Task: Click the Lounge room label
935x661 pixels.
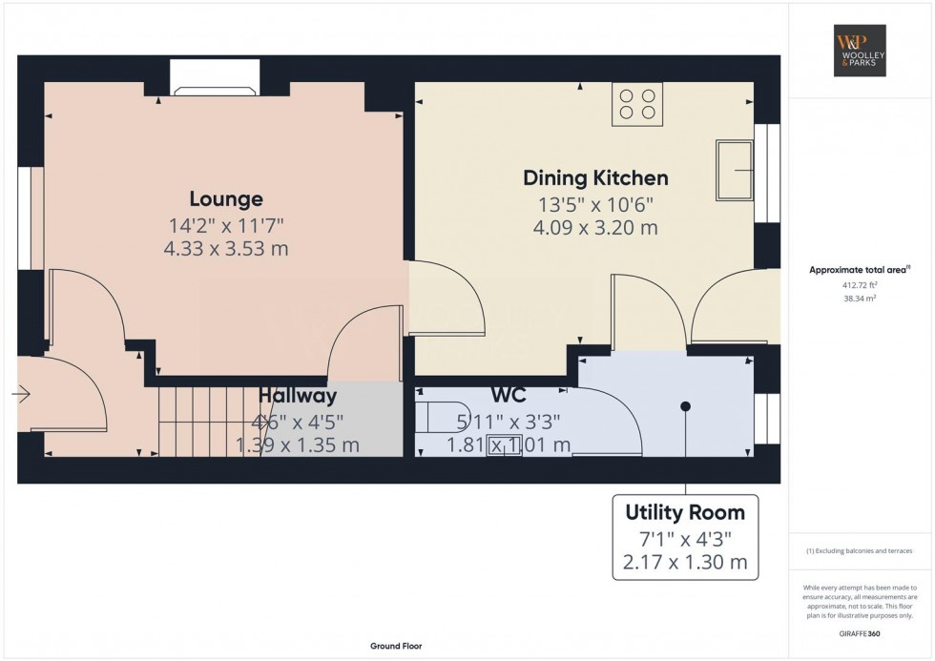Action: tap(226, 199)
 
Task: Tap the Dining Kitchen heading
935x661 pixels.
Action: tap(595, 178)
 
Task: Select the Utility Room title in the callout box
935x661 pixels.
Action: tap(685, 512)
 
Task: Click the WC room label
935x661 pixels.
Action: tap(509, 395)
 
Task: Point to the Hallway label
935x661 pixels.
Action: tap(298, 396)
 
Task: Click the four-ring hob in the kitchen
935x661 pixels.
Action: tap(637, 104)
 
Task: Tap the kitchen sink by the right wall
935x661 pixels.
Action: tap(735, 170)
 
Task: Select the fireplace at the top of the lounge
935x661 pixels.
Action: tap(216, 77)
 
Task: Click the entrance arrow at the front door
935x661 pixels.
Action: tap(21, 393)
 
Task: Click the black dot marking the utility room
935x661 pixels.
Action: tap(686, 406)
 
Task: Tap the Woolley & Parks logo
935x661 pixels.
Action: tap(860, 51)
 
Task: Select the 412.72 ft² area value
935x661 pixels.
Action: tap(860, 285)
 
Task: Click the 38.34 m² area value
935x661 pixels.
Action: tap(860, 299)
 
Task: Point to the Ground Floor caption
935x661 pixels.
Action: tap(396, 646)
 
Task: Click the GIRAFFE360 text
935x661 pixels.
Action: tap(860, 633)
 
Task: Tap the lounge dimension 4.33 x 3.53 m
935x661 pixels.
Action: tap(226, 249)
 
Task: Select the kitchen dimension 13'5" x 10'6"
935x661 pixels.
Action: tap(595, 205)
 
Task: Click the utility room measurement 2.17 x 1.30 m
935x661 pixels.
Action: tap(685, 562)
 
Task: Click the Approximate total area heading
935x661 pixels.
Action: tap(860, 270)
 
